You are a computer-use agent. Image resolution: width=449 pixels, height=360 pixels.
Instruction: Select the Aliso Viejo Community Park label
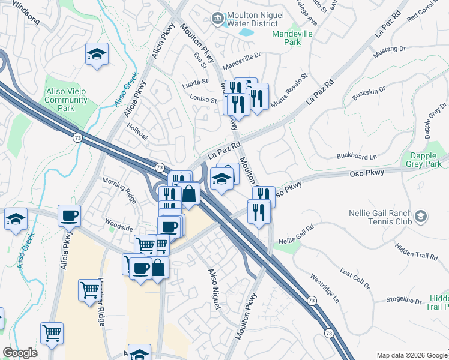point(66,100)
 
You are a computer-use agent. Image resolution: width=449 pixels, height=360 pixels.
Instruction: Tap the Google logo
point(20,353)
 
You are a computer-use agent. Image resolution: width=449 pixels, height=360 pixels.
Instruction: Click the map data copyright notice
point(411,355)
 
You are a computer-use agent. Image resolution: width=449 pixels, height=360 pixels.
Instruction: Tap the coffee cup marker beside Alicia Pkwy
point(69,215)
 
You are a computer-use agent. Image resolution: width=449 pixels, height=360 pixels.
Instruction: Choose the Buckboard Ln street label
point(356,157)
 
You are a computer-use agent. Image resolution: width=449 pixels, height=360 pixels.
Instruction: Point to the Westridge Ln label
point(325,288)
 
